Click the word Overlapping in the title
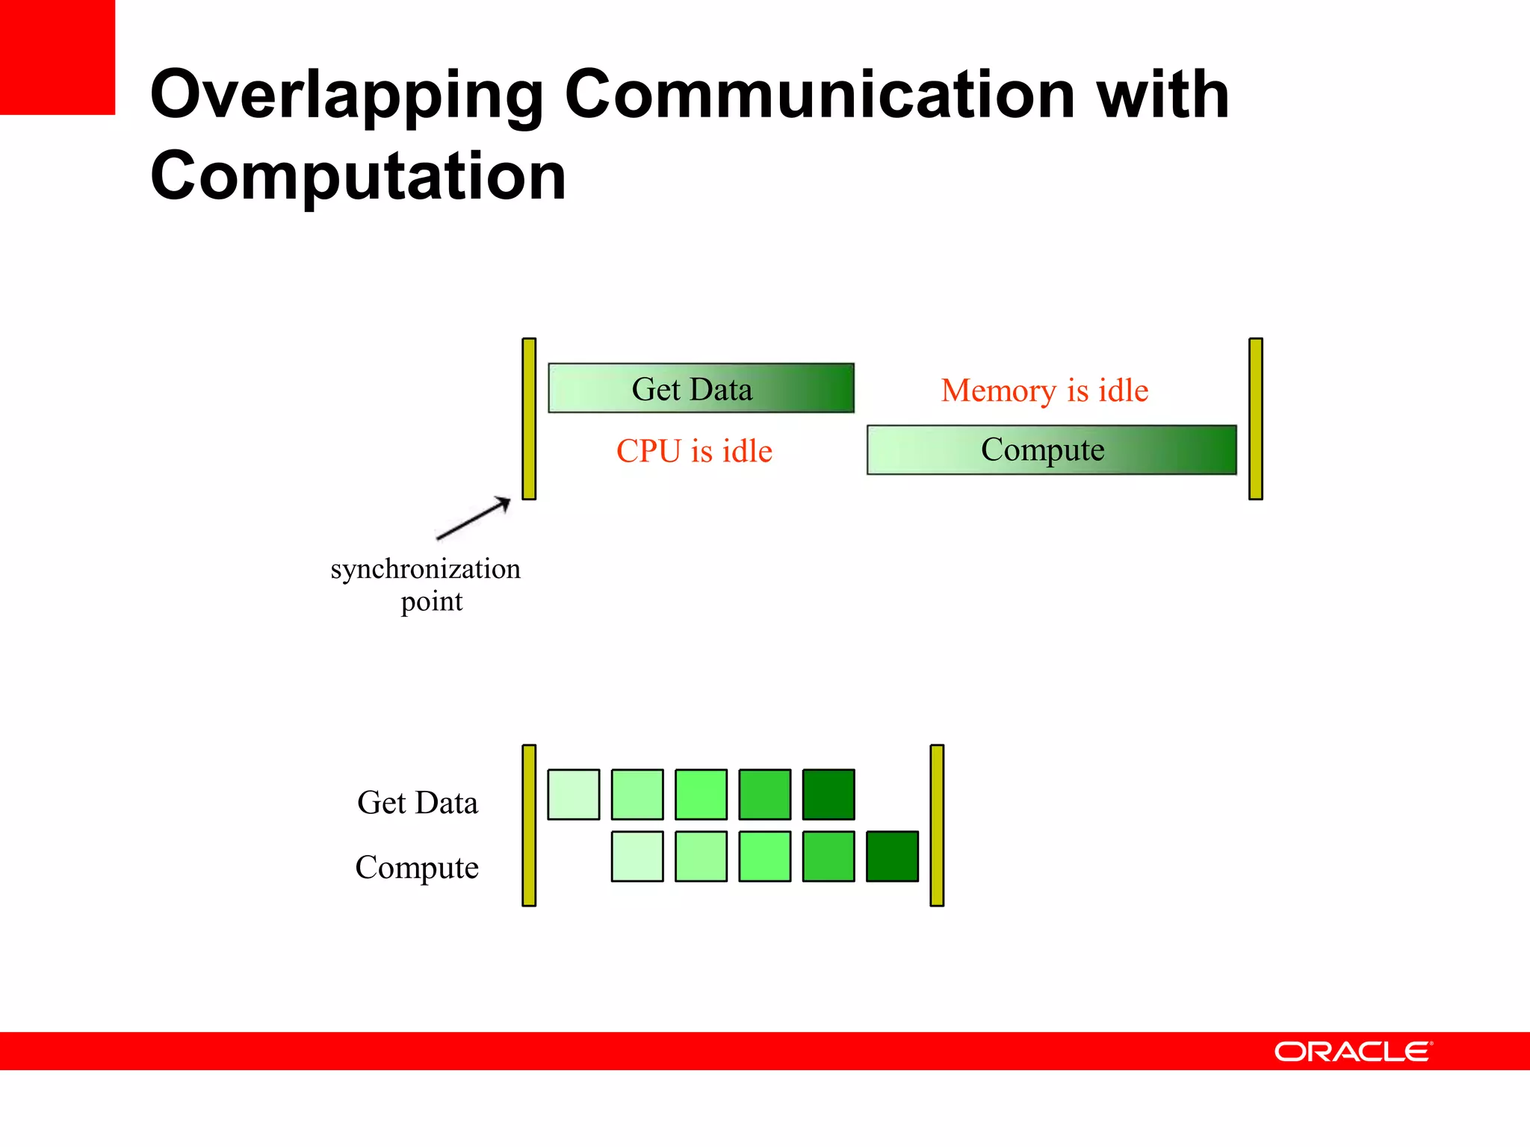coord(347,96)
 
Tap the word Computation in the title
coord(358,176)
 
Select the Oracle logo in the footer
coord(1353,1051)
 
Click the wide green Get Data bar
coord(701,388)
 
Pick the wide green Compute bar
coord(1051,450)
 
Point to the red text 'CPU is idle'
coord(694,451)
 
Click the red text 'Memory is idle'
coord(1044,391)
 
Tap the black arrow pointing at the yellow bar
coord(474,517)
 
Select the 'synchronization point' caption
coord(426,585)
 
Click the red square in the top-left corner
coord(57,57)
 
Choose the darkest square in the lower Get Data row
coord(829,795)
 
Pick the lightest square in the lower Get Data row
coord(574,795)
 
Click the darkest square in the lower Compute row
coord(892,857)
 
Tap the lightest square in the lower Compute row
coord(637,857)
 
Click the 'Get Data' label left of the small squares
coord(418,803)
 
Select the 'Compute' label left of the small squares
coord(417,868)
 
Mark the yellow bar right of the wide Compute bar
coord(1256,418)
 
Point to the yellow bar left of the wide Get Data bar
coord(529,418)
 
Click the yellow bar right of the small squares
coord(937,825)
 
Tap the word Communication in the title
coord(819,96)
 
